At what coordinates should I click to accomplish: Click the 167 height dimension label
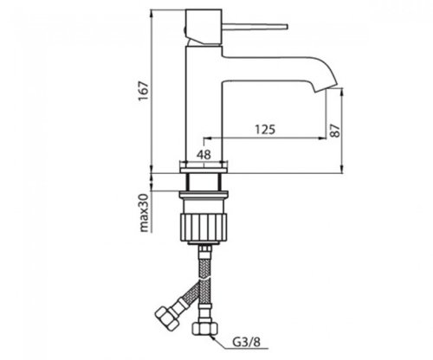click(x=144, y=91)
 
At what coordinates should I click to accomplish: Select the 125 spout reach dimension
click(x=265, y=130)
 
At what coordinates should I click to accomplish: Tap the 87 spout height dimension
click(x=335, y=131)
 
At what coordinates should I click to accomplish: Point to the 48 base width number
click(x=204, y=155)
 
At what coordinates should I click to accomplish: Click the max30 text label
click(x=144, y=213)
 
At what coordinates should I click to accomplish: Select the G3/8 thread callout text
click(x=246, y=343)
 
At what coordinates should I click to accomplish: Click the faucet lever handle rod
click(x=255, y=26)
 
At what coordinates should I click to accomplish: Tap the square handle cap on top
click(x=204, y=28)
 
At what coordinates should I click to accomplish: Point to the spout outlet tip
click(x=327, y=87)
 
